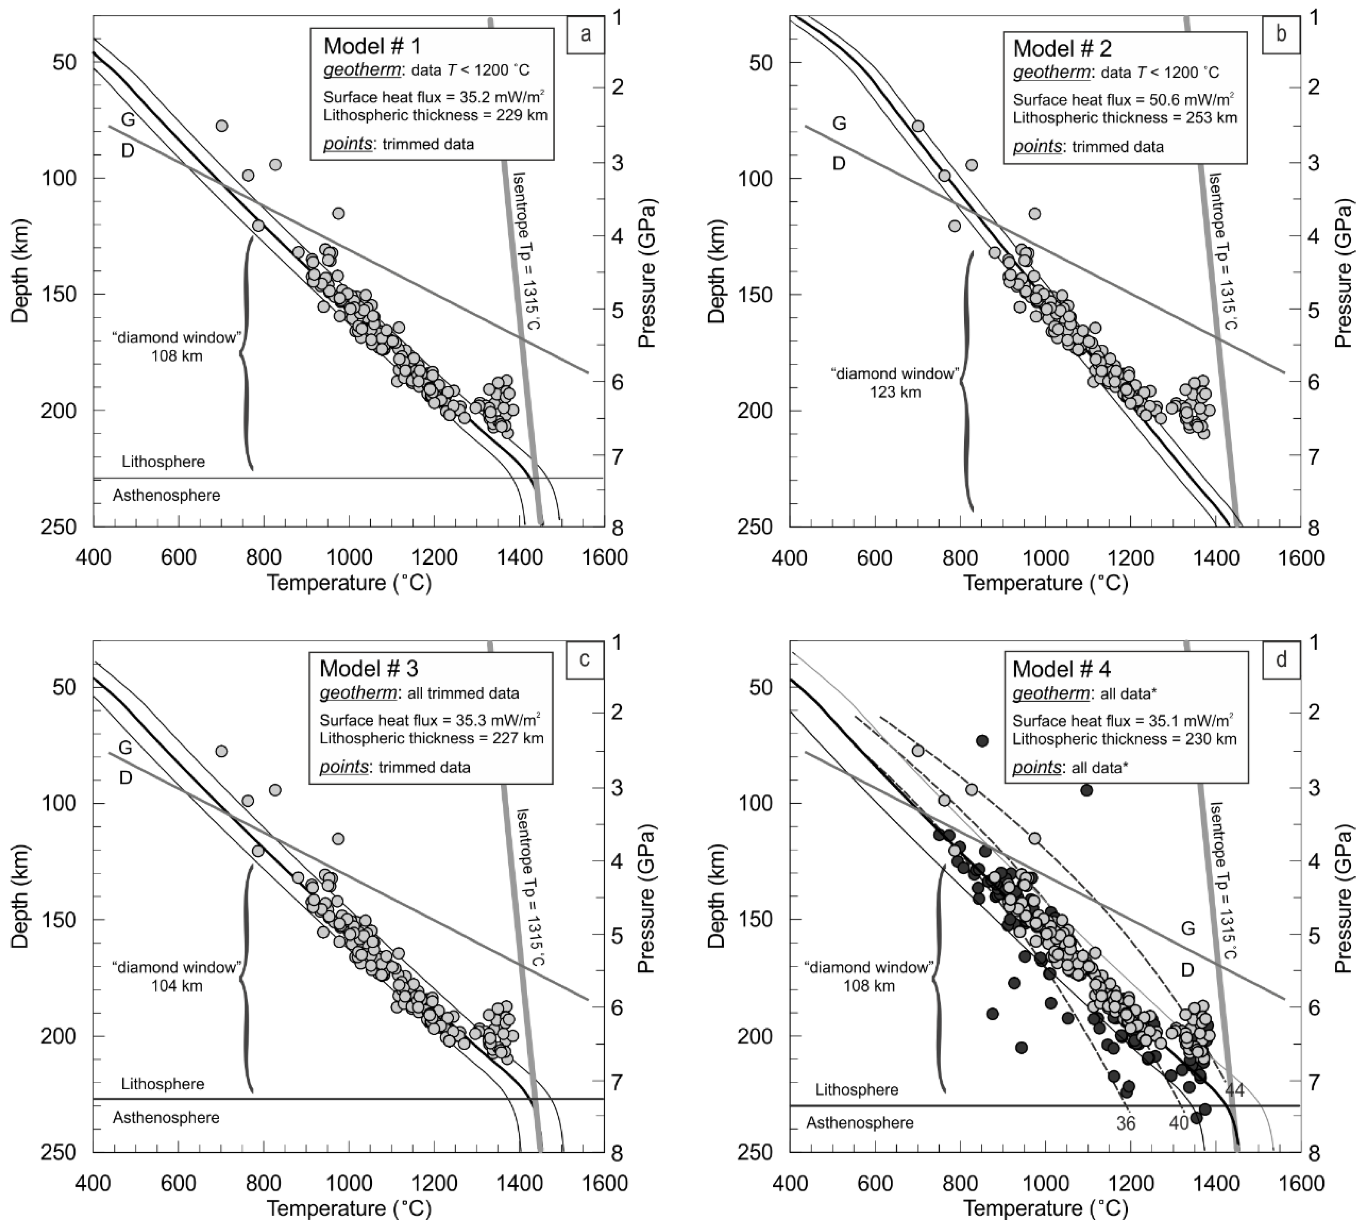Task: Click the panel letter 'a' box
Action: (585, 34)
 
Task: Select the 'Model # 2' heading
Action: (1062, 48)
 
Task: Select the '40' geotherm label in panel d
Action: (1179, 1123)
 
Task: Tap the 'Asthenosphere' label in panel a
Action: (166, 495)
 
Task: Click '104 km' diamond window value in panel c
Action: (177, 986)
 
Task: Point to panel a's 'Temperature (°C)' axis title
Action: (349, 582)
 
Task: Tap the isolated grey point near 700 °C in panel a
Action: (221, 125)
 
